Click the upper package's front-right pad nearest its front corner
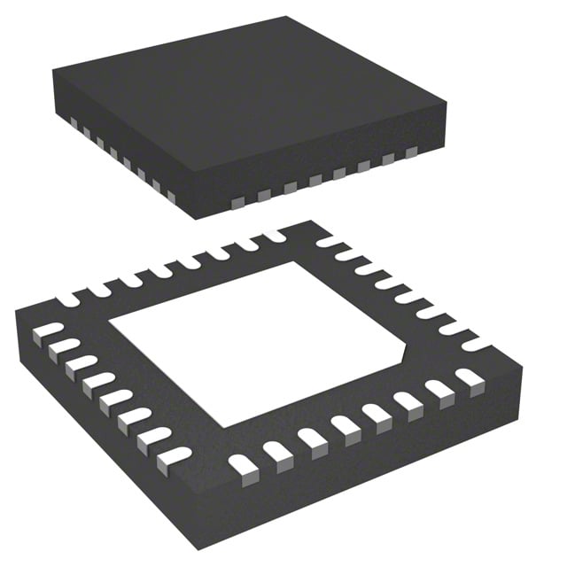pyautogui.click(x=237, y=203)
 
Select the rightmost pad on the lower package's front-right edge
pyautogui.click(x=468, y=379)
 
